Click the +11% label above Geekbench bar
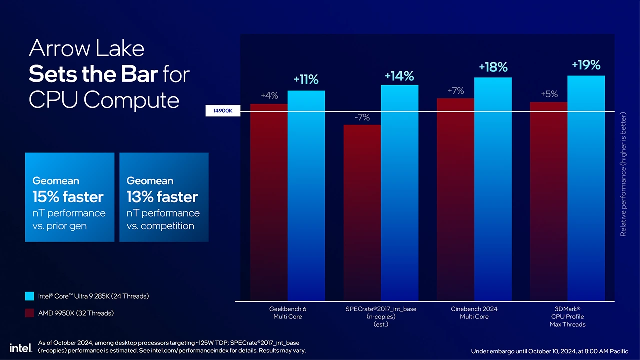tap(306, 80)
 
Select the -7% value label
tap(362, 118)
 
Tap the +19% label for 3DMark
tap(586, 65)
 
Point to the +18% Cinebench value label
tap(493, 67)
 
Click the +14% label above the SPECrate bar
tap(399, 76)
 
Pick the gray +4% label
tap(269, 96)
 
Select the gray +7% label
tap(456, 91)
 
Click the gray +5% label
tap(549, 94)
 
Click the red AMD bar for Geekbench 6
tap(269, 200)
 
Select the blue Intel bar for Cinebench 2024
tap(493, 190)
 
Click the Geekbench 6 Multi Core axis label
tap(287, 313)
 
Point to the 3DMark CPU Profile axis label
tap(567, 316)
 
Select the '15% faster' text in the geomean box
tap(68, 197)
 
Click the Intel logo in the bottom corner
tap(20, 347)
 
